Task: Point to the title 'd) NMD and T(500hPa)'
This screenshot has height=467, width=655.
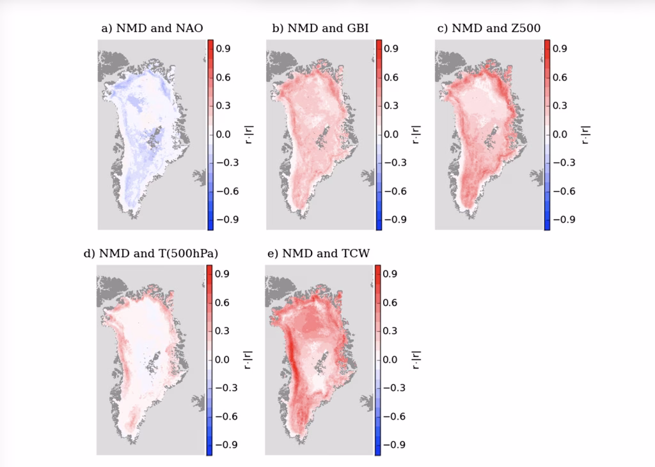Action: [151, 253]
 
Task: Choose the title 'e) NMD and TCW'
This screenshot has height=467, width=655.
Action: [318, 253]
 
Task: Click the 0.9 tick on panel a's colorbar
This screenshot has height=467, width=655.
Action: [223, 49]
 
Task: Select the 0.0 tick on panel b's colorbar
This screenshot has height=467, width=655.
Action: [391, 134]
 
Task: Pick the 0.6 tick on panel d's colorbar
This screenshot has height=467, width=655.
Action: [222, 303]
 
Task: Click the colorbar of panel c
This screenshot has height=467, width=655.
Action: [547, 134]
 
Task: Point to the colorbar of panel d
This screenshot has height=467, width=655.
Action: [209, 360]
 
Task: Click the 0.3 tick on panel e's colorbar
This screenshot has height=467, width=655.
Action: [391, 331]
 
